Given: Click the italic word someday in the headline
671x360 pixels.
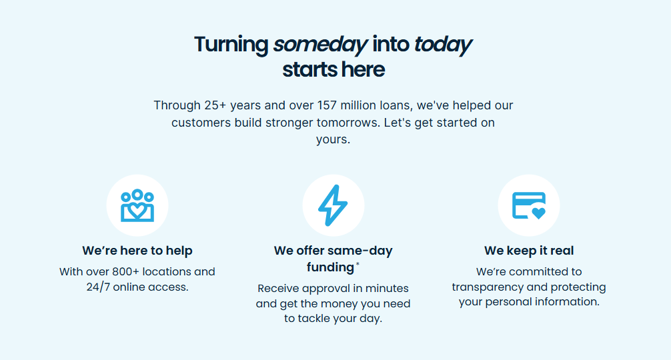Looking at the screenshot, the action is pyautogui.click(x=320, y=45).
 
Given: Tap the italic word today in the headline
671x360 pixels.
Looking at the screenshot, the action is pyautogui.click(x=442, y=45).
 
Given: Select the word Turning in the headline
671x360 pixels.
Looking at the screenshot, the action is pyautogui.click(x=231, y=45).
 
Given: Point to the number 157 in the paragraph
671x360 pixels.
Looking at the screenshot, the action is pyautogui.click(x=327, y=105).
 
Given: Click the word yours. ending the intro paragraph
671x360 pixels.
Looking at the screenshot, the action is pyautogui.click(x=333, y=140).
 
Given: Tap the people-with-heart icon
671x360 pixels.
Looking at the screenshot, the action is pyautogui.click(x=137, y=205).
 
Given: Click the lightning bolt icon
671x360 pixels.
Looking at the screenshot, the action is pyautogui.click(x=333, y=205).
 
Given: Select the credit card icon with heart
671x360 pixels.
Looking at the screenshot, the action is pyautogui.click(x=529, y=205).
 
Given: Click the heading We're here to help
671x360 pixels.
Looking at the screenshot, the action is pyautogui.click(x=137, y=251).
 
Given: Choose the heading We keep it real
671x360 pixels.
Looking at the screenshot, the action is pyautogui.click(x=529, y=251).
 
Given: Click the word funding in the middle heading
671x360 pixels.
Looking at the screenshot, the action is pyautogui.click(x=330, y=267).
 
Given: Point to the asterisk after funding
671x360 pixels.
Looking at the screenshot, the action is pyautogui.click(x=358, y=264).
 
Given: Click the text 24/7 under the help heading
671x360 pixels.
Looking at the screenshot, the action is pyautogui.click(x=98, y=287).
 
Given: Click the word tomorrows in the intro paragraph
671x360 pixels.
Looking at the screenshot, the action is pyautogui.click(x=348, y=123).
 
